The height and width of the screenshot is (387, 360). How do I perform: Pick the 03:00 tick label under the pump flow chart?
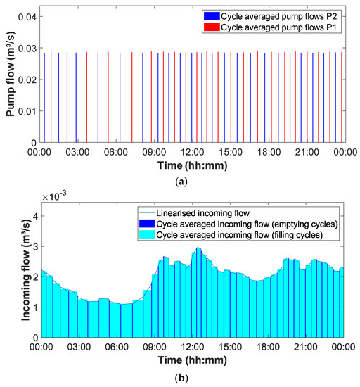(76, 151)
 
